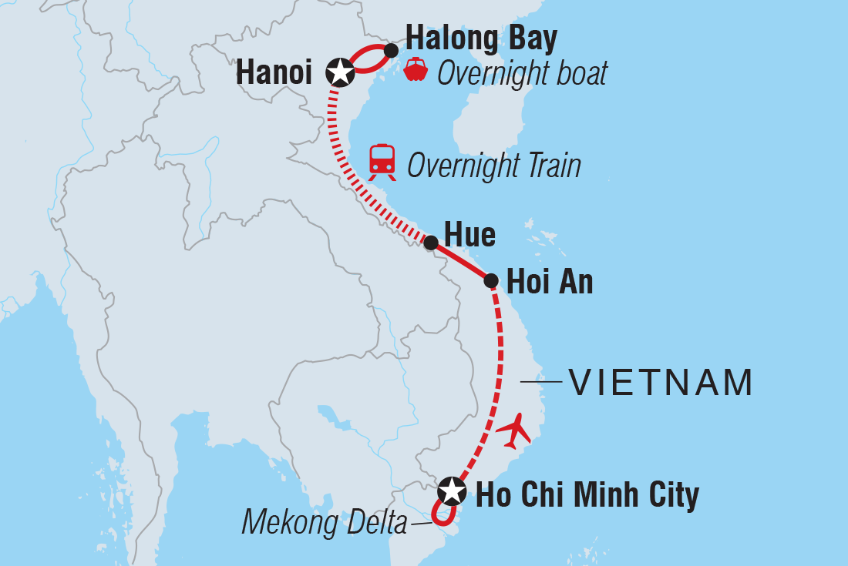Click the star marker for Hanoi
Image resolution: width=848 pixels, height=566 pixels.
coord(340,72)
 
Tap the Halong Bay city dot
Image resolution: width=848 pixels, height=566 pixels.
coord(391,51)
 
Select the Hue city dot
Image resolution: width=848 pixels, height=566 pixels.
coord(431,243)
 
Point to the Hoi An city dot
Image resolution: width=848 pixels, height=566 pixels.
coord(491,280)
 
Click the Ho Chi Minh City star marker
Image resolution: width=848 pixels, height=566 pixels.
coord(452,491)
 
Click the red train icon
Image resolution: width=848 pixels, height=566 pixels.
coord(382,162)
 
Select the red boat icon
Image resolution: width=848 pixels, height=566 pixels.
coord(416,69)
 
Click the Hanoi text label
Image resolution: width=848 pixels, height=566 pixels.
coord(274,73)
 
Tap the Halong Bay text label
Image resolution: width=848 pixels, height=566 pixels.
coord(481,38)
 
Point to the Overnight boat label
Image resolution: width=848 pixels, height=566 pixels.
coord(522,74)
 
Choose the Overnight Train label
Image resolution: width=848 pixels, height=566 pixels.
coord(493,166)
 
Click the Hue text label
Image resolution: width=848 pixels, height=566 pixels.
coord(469,236)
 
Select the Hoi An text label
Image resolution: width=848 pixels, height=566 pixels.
coord(550,283)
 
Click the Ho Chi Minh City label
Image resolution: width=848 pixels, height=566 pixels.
coord(587,495)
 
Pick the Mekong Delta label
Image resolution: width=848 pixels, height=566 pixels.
coord(324,523)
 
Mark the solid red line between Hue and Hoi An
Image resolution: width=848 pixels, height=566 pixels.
coord(461,262)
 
